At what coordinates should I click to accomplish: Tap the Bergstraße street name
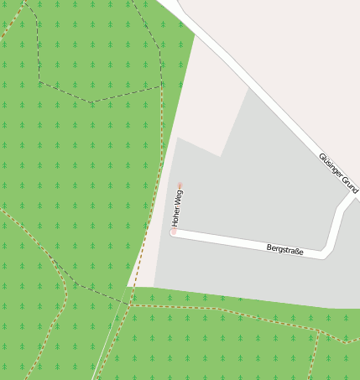click(284, 250)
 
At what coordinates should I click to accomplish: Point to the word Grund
click(347, 185)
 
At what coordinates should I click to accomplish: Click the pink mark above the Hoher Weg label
click(180, 185)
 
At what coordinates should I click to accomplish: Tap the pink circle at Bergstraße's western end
click(174, 232)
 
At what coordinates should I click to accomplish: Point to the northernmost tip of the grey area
click(249, 88)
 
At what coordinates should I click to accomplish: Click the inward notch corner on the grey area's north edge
click(220, 156)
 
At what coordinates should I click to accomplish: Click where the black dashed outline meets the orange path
click(161, 84)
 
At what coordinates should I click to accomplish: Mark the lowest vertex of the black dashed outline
click(92, 102)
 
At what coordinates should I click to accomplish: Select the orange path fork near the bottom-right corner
click(320, 333)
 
